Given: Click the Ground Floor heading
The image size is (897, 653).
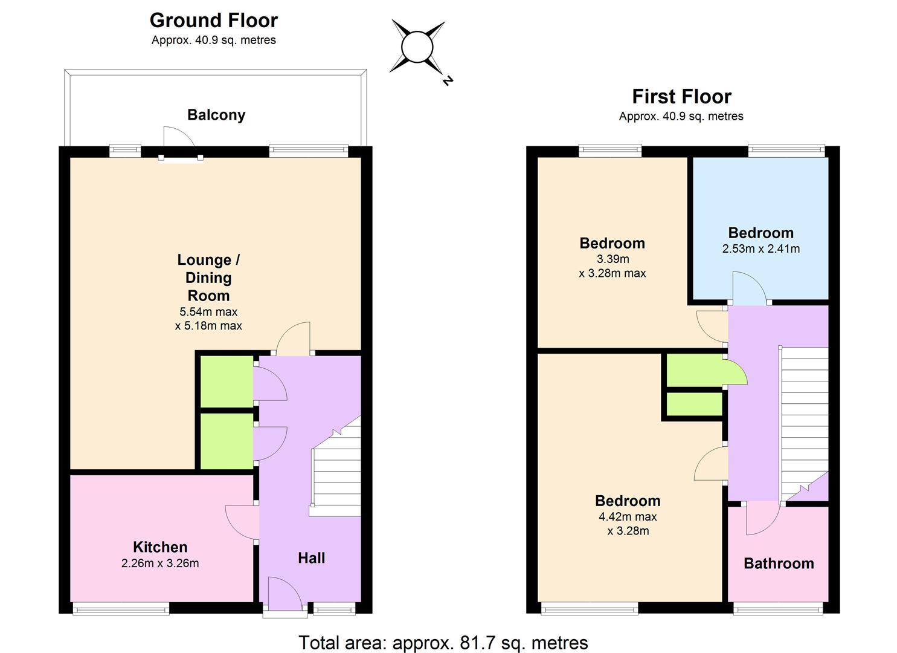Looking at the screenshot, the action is pos(213,21).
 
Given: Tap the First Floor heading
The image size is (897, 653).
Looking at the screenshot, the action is pos(681,97).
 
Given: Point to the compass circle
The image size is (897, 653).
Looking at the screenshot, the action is pos(417,47).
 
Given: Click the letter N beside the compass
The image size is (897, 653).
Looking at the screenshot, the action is pos(448,80).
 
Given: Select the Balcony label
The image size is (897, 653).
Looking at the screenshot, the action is pos(216,115).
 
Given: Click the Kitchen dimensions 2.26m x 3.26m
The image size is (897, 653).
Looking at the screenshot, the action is pos(160,563).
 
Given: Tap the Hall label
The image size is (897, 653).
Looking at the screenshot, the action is pos(311,558).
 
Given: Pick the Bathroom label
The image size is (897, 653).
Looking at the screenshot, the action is pos(779,564).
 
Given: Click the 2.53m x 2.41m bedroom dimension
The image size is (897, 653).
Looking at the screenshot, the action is pos(761,249).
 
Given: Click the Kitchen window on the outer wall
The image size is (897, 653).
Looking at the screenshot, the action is pos(121,608).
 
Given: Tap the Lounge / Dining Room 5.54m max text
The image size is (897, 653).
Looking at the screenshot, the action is pos(208,311).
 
